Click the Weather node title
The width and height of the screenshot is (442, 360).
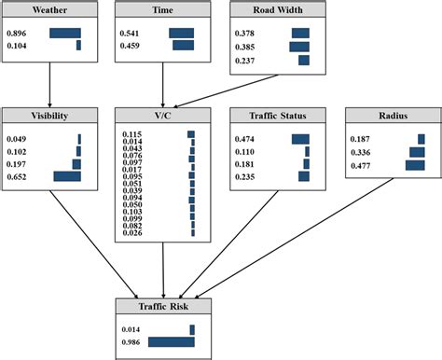[47, 11]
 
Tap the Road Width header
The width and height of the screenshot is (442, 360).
[276, 11]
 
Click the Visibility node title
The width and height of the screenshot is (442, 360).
[47, 115]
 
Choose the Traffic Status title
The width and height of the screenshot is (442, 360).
[276, 115]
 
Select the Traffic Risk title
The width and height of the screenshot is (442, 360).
[163, 306]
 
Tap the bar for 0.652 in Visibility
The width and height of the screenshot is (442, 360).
[67, 176]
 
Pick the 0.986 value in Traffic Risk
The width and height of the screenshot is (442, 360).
[132, 342]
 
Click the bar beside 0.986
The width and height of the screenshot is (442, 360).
[171, 342]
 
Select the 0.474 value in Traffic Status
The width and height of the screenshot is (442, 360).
[244, 139]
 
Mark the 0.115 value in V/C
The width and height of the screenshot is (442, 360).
[132, 134]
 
